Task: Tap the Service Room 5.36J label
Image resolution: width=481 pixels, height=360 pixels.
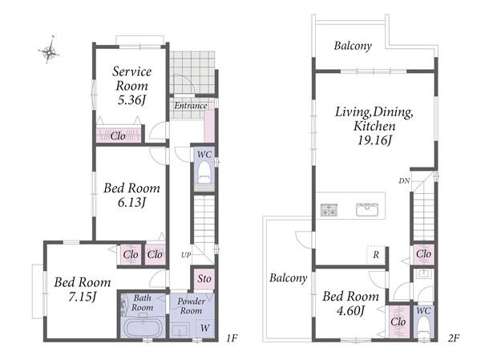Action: click(131, 86)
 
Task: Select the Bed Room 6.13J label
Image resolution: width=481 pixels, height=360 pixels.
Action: click(131, 195)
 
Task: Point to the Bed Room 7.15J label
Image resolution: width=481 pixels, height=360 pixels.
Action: click(83, 289)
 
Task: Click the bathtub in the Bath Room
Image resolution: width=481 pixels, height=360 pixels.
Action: click(143, 327)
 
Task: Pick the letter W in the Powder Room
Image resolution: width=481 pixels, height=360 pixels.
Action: click(205, 328)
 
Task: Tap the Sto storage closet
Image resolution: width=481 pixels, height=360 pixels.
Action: click(204, 279)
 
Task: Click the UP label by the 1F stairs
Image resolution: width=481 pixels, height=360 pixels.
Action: click(186, 255)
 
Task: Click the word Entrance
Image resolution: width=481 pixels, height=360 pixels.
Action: click(191, 106)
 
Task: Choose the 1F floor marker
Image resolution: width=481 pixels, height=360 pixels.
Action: click(232, 338)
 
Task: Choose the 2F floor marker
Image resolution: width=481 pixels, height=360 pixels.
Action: click(454, 338)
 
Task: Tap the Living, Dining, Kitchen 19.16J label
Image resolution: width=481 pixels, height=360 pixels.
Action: click(374, 126)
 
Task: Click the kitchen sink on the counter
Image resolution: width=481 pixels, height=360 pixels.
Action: click(367, 210)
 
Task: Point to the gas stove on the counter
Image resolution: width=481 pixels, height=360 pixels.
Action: click(329, 210)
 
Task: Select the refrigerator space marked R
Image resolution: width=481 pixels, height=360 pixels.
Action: click(376, 255)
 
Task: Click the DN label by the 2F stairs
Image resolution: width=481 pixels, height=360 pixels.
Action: click(404, 180)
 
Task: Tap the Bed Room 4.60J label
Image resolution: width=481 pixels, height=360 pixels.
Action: click(350, 303)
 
